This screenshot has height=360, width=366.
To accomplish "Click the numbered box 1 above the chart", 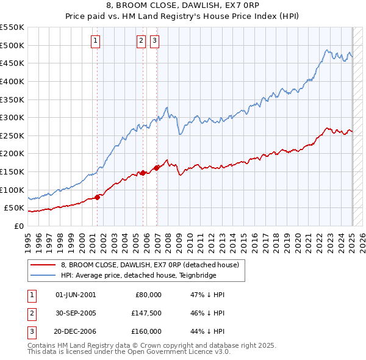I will pyautogui.click(x=96, y=41).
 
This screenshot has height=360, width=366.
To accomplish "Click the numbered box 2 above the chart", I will pyautogui.click(x=141, y=41).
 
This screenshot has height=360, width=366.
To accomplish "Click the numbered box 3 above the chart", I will pyautogui.click(x=154, y=41).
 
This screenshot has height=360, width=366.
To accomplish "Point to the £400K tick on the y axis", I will pyautogui.click(x=12, y=81).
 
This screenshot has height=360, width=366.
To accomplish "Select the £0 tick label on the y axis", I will pyautogui.click(x=19, y=226).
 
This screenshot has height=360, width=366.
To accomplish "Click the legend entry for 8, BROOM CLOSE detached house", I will pyautogui.click(x=153, y=265).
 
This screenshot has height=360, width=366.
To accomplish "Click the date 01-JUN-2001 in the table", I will pyautogui.click(x=76, y=294).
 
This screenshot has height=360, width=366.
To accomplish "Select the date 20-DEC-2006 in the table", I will pyautogui.click(x=76, y=332).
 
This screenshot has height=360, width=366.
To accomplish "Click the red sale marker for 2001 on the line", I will pyautogui.click(x=98, y=197).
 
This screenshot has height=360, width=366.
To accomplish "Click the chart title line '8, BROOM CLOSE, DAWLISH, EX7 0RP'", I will pyautogui.click(x=183, y=7).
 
